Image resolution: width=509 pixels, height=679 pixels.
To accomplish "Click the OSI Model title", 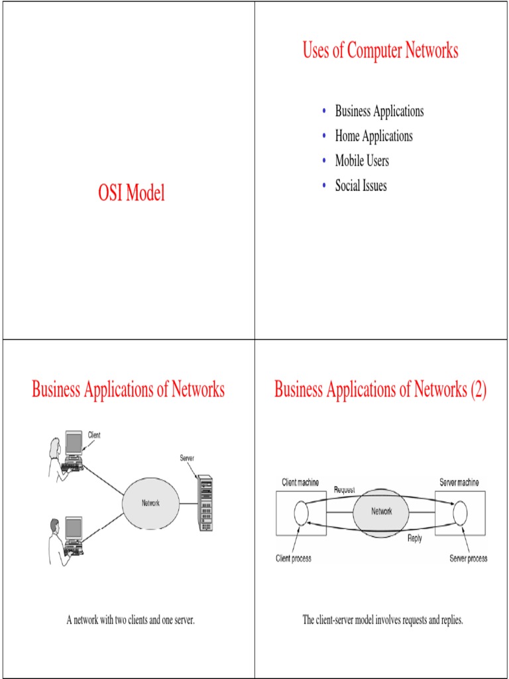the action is pyautogui.click(x=131, y=194).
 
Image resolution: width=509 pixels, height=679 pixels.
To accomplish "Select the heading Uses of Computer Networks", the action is pyautogui.click(x=380, y=50).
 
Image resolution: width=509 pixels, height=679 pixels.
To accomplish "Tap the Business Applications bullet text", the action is pyautogui.click(x=379, y=111).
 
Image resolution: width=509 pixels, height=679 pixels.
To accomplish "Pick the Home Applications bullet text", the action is pyautogui.click(x=374, y=136).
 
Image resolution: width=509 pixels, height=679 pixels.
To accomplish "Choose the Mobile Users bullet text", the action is pyautogui.click(x=362, y=160).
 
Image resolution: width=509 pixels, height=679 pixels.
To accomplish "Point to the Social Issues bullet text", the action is pyautogui.click(x=361, y=186).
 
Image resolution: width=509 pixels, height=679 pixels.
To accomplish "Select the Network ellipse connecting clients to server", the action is pyautogui.click(x=150, y=503).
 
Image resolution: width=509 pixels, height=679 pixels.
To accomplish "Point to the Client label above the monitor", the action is pyautogui.click(x=95, y=435).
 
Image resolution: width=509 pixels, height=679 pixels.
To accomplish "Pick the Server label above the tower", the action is pyautogui.click(x=187, y=458).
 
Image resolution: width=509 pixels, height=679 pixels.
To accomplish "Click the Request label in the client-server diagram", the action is pyautogui.click(x=345, y=489).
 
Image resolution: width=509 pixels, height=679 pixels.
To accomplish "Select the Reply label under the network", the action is pyautogui.click(x=414, y=538).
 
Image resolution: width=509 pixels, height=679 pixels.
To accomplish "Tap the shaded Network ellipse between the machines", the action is pyautogui.click(x=381, y=512).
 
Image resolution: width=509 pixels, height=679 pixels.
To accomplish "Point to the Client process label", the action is pyautogui.click(x=294, y=558).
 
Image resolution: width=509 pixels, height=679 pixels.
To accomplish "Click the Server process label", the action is pyautogui.click(x=468, y=558).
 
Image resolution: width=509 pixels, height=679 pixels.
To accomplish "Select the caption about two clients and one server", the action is pyautogui.click(x=130, y=621).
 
